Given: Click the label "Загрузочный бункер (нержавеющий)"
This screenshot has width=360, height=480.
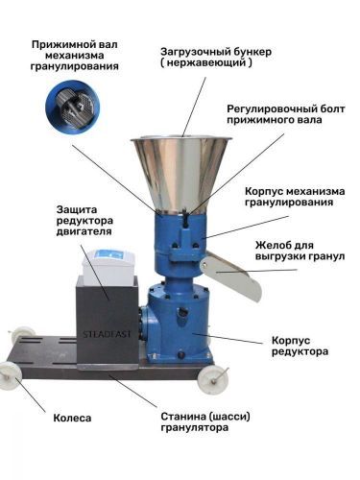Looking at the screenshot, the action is [x=216, y=57].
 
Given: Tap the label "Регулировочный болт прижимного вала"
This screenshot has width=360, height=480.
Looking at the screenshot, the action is [x=286, y=114].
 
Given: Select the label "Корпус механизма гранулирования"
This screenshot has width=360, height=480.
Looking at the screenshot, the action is [x=295, y=197].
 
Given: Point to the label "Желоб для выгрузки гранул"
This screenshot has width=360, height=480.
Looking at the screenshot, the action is [x=300, y=251].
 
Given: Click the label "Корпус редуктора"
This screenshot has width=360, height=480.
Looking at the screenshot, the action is [x=300, y=346].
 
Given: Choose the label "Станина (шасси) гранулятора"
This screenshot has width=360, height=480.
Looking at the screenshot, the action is [x=205, y=422].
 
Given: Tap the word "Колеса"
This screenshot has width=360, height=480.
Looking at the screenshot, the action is [x=72, y=418].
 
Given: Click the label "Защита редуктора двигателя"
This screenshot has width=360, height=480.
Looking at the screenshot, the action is [x=84, y=221].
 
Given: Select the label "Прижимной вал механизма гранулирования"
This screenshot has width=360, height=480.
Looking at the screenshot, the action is [x=75, y=55].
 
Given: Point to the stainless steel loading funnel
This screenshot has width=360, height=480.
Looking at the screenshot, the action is [x=181, y=176].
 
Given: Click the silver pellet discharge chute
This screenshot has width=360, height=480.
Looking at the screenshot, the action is [x=231, y=276].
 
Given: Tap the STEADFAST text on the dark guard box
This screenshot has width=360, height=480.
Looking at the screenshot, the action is [x=107, y=334].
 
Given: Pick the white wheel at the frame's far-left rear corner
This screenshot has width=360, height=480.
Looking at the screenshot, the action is [x=18, y=334].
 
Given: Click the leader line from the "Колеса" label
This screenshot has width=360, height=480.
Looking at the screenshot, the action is [x=30, y=395].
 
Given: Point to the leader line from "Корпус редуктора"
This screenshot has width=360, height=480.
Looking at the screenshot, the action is [x=228, y=338].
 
